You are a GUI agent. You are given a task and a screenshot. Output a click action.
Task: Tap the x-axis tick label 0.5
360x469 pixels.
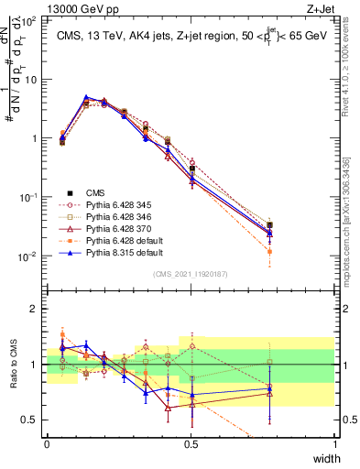point(191,442)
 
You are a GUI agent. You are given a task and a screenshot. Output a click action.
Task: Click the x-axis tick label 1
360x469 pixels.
point(334,442)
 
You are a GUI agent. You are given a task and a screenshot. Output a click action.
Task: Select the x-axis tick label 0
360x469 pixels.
point(47,442)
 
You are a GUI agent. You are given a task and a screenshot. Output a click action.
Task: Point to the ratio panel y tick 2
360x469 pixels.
point(35,310)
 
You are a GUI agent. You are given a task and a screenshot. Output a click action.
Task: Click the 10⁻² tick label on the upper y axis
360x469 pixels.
point(27,256)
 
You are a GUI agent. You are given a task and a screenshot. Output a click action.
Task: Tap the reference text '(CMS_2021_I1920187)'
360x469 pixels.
point(191,273)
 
